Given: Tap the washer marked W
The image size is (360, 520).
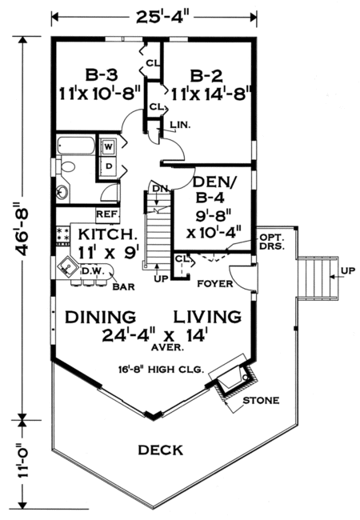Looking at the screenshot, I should [106, 146].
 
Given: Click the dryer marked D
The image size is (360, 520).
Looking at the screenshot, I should [106, 165].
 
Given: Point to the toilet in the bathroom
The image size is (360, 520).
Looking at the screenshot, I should [67, 167].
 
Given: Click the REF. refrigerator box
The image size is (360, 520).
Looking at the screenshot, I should [107, 214].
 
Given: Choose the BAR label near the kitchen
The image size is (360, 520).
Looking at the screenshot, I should [122, 286].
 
